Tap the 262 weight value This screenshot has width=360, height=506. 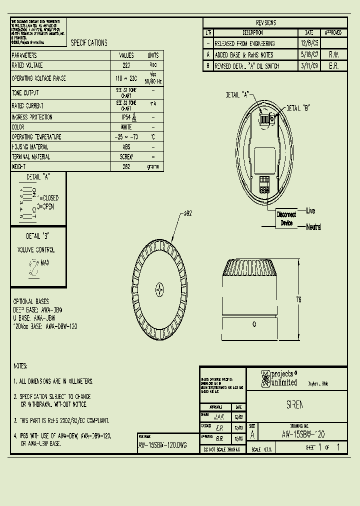pyautogui.click(x=126, y=166)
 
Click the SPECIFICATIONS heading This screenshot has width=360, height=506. pyautogui.click(x=89, y=43)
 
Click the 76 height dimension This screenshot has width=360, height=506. pyautogui.click(x=298, y=300)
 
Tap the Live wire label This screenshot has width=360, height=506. pyautogui.click(x=310, y=211)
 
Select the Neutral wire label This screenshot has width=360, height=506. pyautogui.click(x=313, y=227)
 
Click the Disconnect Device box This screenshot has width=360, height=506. pyautogui.click(x=286, y=218)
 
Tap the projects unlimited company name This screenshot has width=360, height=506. pyautogui.click(x=284, y=378)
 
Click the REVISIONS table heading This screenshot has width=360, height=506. pyautogui.click(x=265, y=23)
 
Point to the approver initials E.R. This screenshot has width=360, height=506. pyautogui.click(x=333, y=66)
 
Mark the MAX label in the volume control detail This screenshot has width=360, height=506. pyautogui.click(x=45, y=262)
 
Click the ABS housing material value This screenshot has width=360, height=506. pyautogui.click(x=126, y=147)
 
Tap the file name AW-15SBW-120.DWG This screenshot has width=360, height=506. pyautogui.click(x=162, y=445)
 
